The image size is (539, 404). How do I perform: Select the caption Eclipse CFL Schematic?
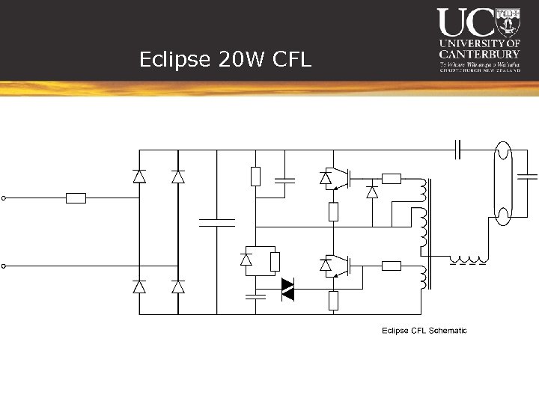point(424,330)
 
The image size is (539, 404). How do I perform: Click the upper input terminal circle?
point(4,198)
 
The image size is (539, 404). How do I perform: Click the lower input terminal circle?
point(4,266)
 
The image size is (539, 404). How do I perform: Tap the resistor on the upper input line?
point(76,198)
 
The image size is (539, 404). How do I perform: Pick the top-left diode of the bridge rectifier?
point(139,177)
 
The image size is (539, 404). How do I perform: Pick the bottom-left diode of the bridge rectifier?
point(139,287)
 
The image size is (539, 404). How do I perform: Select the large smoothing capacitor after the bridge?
point(216,222)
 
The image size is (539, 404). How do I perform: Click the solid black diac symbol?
point(287,290)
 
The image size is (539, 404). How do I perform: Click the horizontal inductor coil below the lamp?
point(467,261)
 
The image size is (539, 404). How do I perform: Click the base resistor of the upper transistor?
point(392,178)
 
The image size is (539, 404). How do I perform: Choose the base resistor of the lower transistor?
point(392,266)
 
